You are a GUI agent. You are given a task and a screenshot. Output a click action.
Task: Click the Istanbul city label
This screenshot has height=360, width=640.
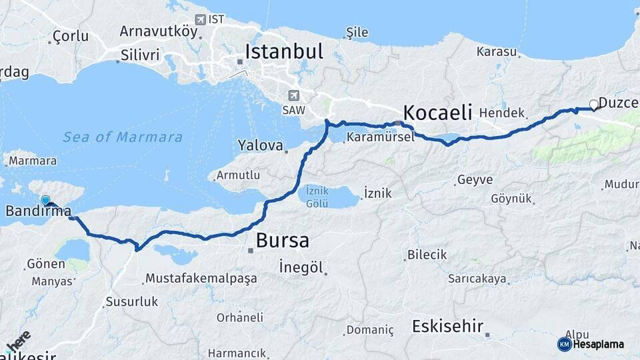[284, 51]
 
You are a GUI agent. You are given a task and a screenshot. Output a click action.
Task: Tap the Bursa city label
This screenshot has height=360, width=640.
[283, 240]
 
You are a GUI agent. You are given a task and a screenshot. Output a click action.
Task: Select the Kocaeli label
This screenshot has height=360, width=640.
[437, 111]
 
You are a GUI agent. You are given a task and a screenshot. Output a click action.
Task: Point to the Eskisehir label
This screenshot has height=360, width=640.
[447, 327]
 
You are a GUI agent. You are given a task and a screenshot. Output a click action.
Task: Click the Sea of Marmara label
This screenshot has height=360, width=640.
[123, 137]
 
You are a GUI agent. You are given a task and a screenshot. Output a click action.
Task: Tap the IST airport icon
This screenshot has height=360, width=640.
[200, 19]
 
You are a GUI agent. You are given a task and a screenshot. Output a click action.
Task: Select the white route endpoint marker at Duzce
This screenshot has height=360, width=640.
[593, 104]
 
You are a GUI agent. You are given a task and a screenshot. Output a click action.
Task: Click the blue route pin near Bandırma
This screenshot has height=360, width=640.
[45, 200]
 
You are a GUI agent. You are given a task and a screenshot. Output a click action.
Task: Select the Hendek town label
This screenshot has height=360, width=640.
[502, 113]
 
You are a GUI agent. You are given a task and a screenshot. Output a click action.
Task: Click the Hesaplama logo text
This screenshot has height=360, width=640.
[597, 344]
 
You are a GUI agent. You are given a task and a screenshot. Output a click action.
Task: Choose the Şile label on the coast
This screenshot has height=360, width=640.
[357, 32]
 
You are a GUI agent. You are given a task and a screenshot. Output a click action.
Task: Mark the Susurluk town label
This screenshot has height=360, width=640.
[131, 302]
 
